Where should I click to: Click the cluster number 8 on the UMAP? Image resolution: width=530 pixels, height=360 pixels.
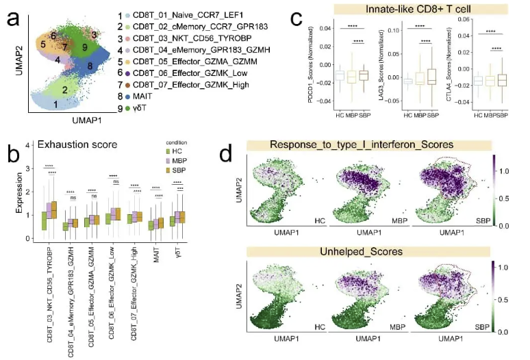pyautogui.click(x=89, y=66)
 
